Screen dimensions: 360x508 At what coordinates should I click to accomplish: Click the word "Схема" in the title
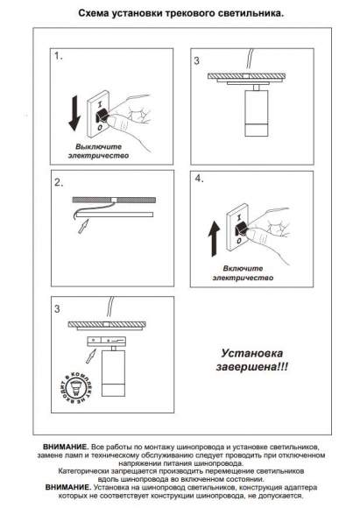coord(95,16)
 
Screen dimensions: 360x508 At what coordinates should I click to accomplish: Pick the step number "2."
coord(60,184)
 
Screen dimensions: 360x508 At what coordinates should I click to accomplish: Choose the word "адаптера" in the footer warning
coord(300,487)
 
